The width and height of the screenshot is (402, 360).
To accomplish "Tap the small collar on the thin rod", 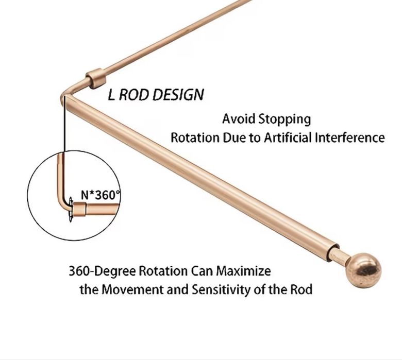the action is click(x=96, y=78).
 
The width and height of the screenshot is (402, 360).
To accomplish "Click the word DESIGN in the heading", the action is click(x=178, y=95).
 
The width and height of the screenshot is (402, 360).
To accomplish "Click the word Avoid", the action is click(x=239, y=119).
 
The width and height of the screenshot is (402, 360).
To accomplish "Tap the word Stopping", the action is click(x=284, y=119).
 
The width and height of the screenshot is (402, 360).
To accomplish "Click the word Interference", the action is click(x=350, y=138).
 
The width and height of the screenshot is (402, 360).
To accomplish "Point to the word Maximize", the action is click(x=243, y=271).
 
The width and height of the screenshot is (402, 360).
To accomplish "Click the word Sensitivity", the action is click(x=222, y=290).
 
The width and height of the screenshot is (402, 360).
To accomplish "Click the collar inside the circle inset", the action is click(x=79, y=209).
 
